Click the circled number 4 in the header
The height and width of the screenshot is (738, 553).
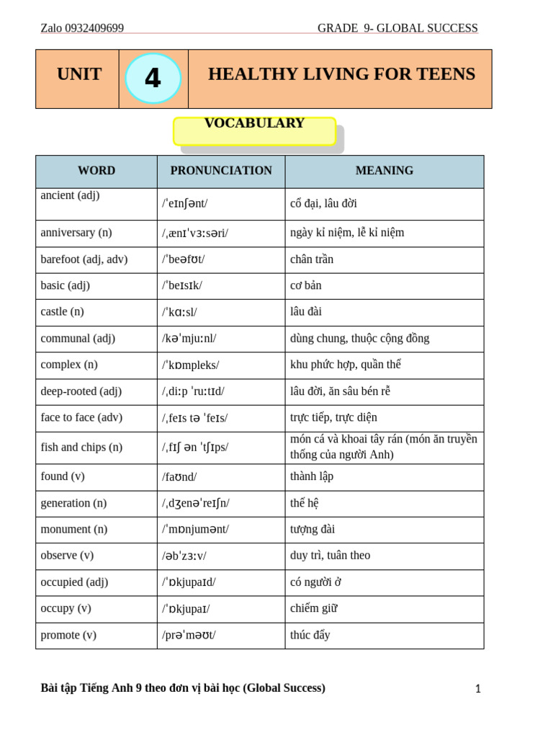(153, 78)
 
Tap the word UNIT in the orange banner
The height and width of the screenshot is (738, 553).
(79, 74)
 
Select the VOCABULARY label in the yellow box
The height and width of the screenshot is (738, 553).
(254, 124)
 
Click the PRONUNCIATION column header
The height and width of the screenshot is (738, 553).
(221, 171)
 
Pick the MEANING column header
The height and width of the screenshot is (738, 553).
(385, 171)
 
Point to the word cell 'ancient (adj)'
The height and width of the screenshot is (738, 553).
(71, 195)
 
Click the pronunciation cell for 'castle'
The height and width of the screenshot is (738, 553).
(180, 312)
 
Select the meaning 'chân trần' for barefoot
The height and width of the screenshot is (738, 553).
(312, 259)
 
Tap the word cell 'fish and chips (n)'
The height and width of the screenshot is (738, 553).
(81, 447)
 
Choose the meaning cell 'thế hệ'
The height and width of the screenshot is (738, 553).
(305, 503)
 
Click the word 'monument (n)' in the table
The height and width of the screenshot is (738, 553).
(74, 529)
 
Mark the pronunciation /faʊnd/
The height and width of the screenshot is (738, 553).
(180, 476)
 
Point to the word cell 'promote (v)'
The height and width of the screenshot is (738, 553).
(68, 635)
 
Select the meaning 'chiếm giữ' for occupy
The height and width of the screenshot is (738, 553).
(314, 608)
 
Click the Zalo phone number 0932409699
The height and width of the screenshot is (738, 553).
(94, 28)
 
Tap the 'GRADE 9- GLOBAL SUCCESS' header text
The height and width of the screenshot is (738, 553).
(397, 28)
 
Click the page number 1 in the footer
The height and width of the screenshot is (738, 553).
(477, 689)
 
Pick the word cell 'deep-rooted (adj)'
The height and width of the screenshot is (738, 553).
(81, 391)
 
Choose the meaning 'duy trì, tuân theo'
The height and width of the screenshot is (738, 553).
(330, 556)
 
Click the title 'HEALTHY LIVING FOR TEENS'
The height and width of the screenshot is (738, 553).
(341, 74)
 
